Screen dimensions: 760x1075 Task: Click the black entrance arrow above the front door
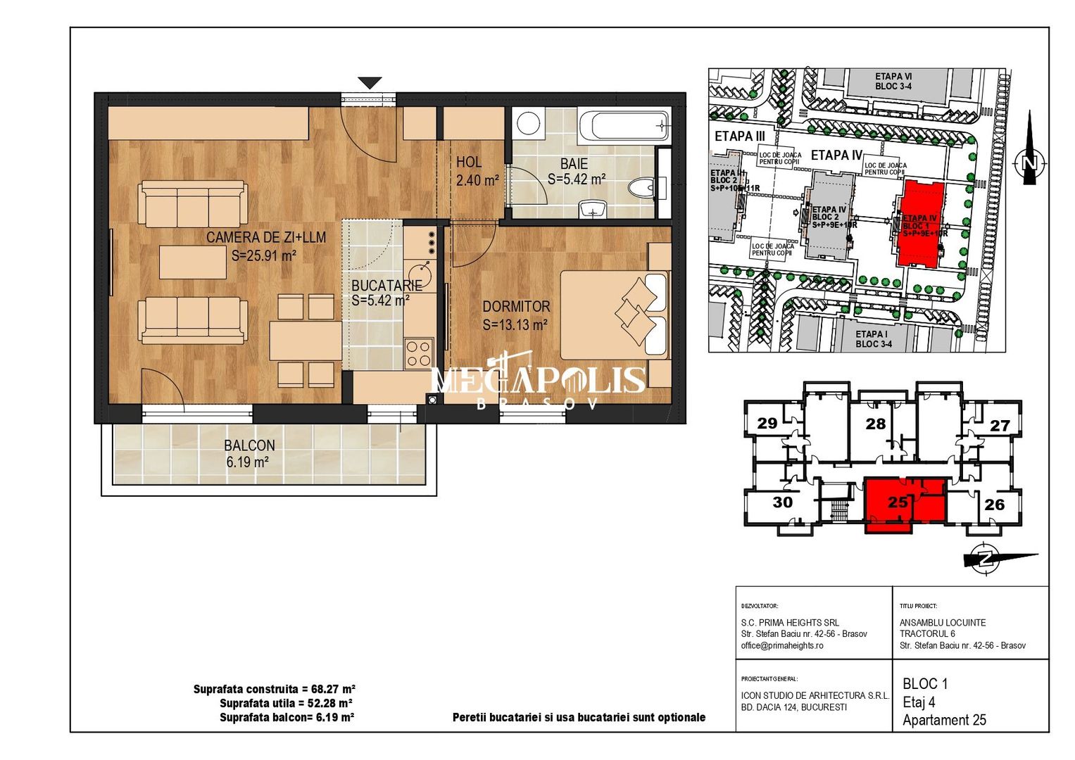pos(370,83)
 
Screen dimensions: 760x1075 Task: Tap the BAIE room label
pos(574,164)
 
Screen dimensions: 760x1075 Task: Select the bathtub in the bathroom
pos(624,126)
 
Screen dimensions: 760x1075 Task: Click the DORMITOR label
pos(516,308)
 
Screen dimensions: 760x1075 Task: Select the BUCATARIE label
pos(386,285)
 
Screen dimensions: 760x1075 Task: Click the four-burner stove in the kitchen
pos(418,352)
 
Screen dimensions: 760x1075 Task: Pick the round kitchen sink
pos(421,272)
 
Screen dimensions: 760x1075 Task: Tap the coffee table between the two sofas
pos(192,262)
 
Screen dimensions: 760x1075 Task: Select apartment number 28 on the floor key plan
pos(875,424)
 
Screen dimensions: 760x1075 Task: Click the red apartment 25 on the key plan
pos(898,502)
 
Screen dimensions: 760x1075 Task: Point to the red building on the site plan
pos(921,223)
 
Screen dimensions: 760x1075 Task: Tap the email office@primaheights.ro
pos(781,645)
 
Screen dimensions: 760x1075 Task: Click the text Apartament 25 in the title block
pos(944,720)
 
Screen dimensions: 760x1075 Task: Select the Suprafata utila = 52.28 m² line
pos(286,703)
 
